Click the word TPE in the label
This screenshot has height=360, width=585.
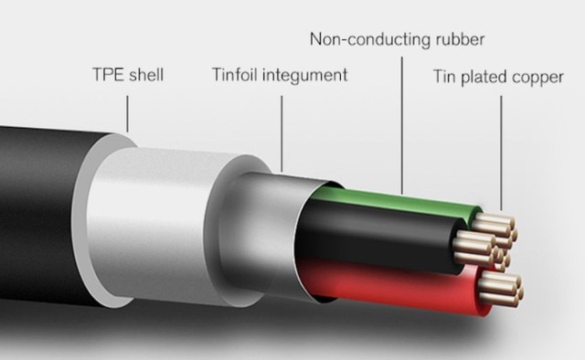click(108, 74)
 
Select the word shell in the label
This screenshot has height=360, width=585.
click(146, 74)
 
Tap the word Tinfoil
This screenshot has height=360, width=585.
click(235, 74)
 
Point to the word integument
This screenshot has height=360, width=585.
click(305, 75)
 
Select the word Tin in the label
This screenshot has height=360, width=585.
click(445, 76)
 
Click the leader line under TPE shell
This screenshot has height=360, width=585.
click(127, 114)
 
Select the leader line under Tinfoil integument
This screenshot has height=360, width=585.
click(282, 134)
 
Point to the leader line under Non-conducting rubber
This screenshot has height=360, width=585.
click(402, 126)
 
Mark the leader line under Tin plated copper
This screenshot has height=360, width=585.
click(501, 154)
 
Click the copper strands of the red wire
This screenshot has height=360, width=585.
click(500, 289)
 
